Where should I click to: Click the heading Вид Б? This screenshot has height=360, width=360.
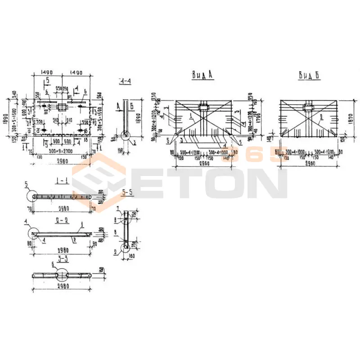(x=309, y=76)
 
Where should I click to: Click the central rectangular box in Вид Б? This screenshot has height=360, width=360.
(x=308, y=108)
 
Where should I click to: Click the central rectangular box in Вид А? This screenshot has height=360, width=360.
(x=203, y=108)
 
